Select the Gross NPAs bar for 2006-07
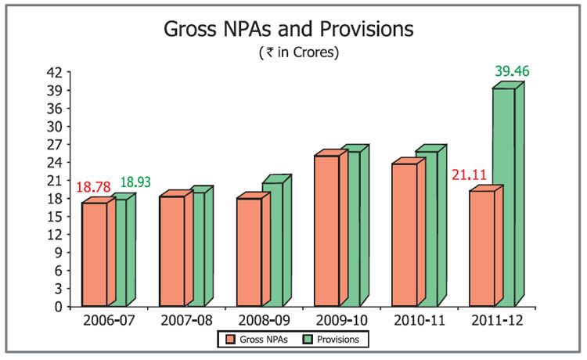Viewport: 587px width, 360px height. [94, 254]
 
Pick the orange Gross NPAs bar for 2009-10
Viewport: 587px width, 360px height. [326, 230]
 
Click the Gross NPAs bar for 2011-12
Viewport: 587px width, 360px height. [481, 248]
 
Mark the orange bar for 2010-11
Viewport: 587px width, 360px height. [404, 234]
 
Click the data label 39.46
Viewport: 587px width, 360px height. [512, 71]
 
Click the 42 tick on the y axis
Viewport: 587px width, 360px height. [56, 72]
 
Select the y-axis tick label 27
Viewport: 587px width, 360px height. [56, 144]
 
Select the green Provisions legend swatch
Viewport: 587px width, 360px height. [308, 340]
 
